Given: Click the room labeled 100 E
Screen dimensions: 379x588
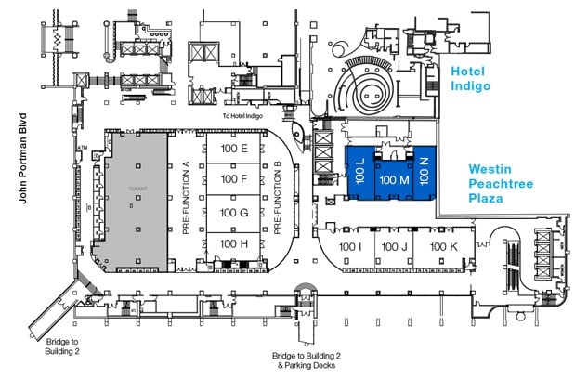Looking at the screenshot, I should click(233, 149).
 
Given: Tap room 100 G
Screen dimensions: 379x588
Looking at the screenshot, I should click(233, 212).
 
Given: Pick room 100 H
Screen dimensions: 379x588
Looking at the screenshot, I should click(233, 243).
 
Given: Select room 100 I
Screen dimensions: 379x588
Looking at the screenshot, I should click(350, 246).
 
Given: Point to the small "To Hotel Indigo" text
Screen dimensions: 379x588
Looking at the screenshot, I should click(244, 116).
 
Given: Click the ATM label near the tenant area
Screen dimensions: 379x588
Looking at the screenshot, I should click(83, 147).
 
